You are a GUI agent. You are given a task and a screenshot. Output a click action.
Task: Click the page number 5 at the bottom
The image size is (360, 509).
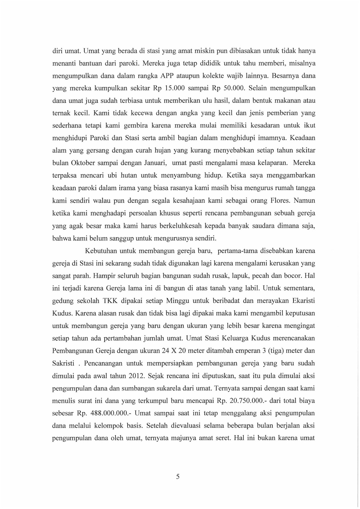(x=178, y=476)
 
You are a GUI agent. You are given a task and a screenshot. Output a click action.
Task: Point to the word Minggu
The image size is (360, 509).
(x=182, y=301)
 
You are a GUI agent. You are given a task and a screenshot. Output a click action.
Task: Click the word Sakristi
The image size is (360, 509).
(x=63, y=363)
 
